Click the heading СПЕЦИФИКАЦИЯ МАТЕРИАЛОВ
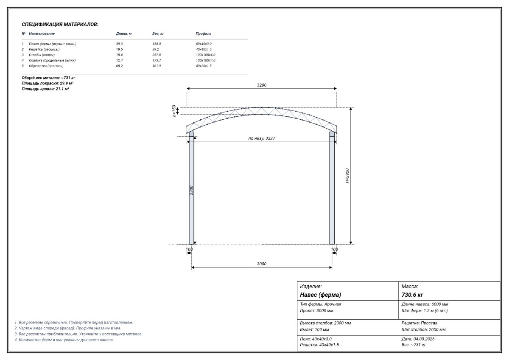click(x=60, y=24)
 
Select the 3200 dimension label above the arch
click(x=262, y=85)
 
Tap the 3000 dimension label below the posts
click(x=262, y=264)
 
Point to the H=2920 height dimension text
click(x=347, y=176)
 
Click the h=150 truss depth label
click(x=174, y=111)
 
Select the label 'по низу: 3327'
click(x=262, y=138)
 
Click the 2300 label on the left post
click(x=191, y=190)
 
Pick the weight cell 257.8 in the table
click(x=157, y=55)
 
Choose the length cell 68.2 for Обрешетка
click(x=119, y=66)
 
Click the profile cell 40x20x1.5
click(x=204, y=66)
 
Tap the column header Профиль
click(x=204, y=34)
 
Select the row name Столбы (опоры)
click(x=42, y=55)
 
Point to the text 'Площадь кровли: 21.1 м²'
click(x=45, y=89)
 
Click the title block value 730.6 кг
click(x=412, y=295)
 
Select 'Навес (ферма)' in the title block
click(x=320, y=295)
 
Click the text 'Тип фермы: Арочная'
click(x=321, y=304)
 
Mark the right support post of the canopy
click(x=332, y=188)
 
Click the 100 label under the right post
click(x=334, y=249)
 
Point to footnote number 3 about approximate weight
click(x=78, y=334)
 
